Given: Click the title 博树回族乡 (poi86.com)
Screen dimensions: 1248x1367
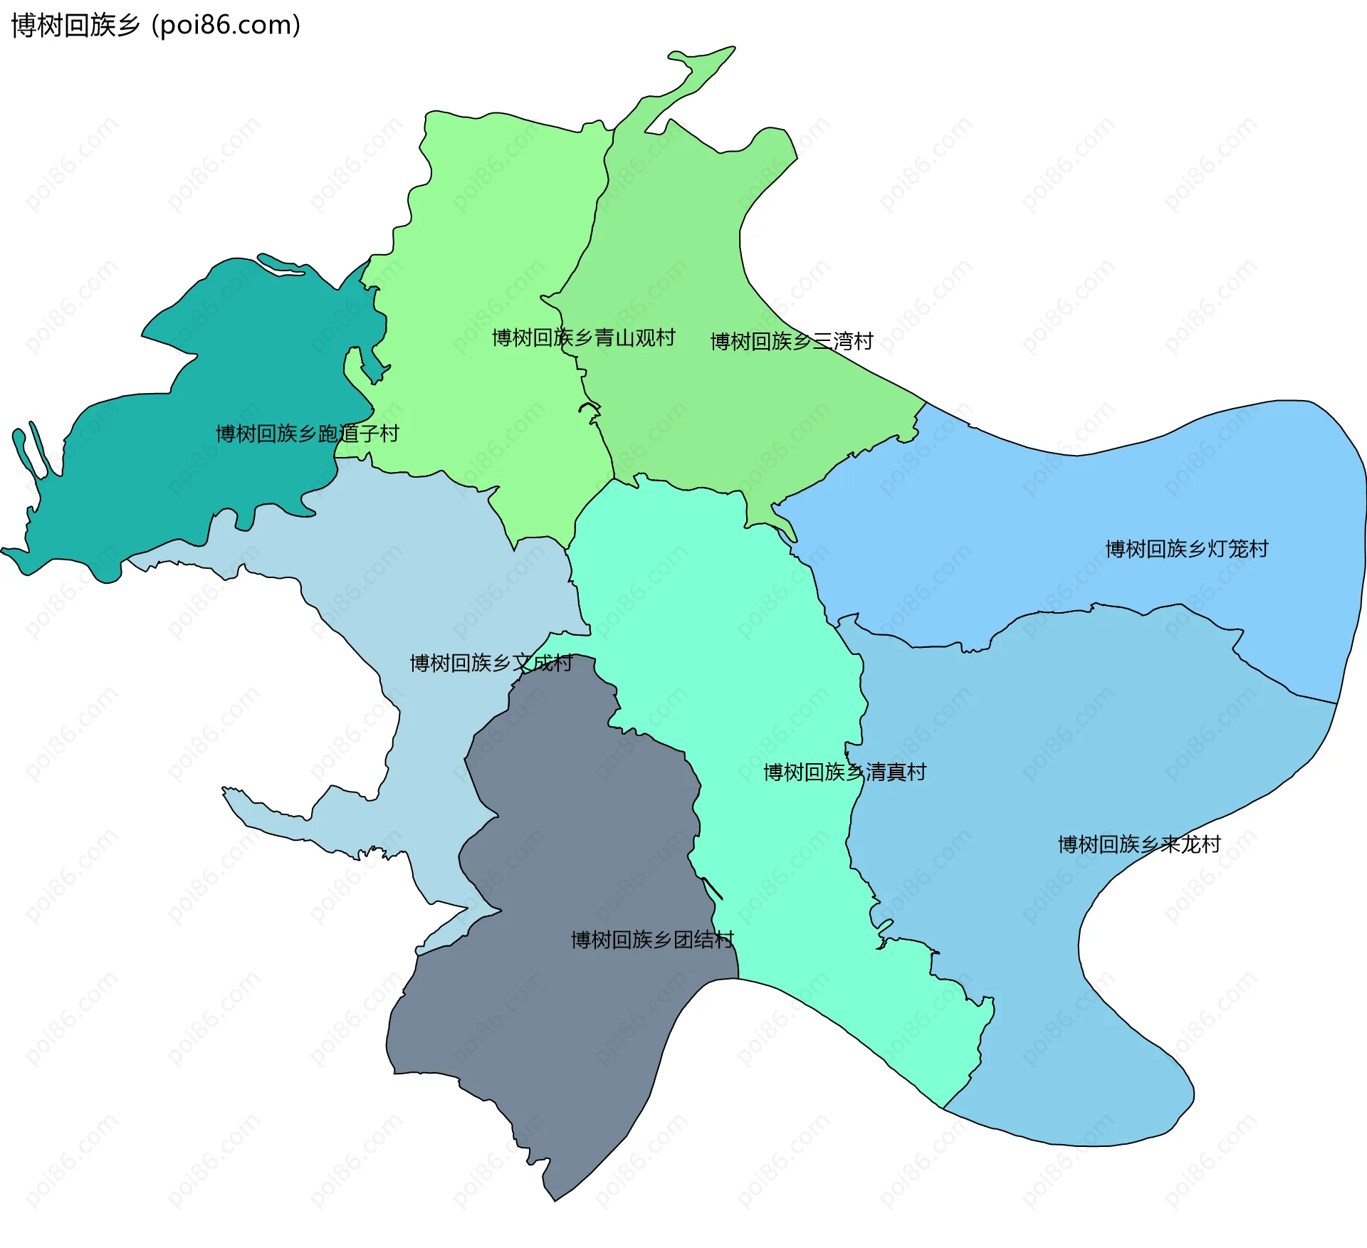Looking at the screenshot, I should pos(155,26).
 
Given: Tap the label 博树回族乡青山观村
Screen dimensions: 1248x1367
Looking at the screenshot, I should pos(583,337).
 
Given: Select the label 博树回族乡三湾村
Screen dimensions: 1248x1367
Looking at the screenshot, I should pos(791,341).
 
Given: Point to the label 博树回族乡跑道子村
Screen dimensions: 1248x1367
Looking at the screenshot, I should pos(307,433).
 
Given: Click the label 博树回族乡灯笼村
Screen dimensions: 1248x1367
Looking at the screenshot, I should pos(1186,548).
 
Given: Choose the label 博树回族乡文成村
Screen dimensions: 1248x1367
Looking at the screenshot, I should pos(491,663).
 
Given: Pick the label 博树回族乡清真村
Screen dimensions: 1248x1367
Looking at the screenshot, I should pos(844,772).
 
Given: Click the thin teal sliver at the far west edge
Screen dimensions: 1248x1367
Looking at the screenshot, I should pos(28,449).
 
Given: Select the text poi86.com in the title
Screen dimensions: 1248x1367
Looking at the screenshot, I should pos(226,26).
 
